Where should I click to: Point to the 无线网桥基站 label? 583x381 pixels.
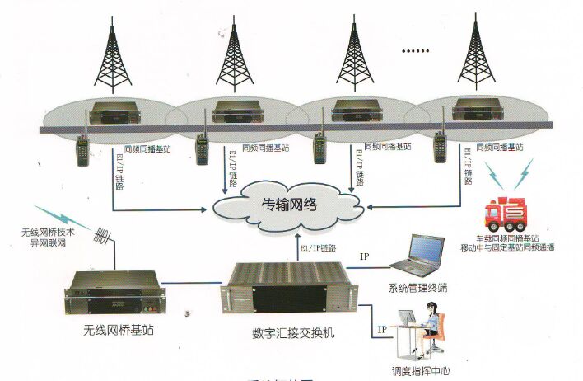point(114,332)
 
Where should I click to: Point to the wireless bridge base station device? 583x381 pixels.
point(114,294)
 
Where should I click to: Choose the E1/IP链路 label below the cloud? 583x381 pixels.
point(316,247)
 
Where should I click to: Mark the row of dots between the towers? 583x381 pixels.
point(414,51)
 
